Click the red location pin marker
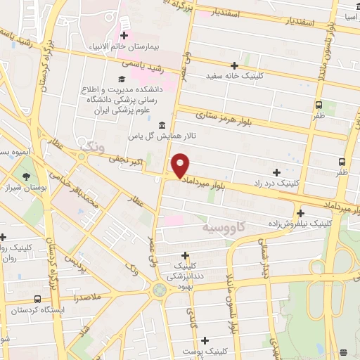(x=181, y=165)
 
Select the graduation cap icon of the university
(x=121, y=78)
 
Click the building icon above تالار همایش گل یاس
(x=162, y=124)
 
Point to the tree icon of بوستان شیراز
(x=27, y=176)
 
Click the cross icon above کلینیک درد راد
(x=276, y=172)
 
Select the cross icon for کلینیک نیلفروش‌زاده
(x=301, y=213)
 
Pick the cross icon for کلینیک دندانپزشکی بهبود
(x=186, y=256)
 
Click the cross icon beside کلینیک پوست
(x=205, y=341)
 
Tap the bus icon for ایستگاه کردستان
(x=37, y=299)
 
